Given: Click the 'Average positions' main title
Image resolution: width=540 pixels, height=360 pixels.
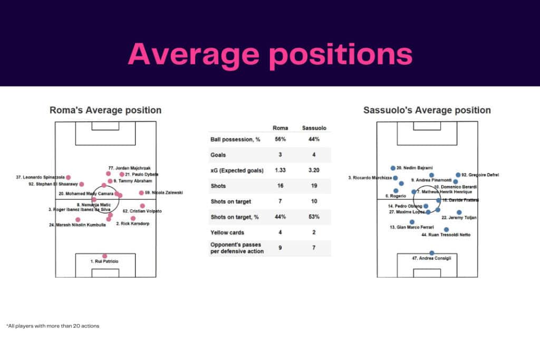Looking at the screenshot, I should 269,54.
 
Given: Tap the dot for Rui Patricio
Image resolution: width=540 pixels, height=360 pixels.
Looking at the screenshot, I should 105,256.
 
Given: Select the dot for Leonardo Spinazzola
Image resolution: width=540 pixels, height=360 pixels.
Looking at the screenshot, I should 68,178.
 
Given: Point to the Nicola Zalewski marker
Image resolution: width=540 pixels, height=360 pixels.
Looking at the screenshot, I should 141,193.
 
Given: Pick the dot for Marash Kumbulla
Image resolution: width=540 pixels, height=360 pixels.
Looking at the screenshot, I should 78,219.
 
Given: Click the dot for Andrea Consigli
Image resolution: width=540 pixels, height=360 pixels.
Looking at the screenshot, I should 432,253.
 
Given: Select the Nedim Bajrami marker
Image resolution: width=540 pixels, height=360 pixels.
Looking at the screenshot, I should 393,168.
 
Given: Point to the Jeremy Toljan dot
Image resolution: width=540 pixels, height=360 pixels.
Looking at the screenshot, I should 459,212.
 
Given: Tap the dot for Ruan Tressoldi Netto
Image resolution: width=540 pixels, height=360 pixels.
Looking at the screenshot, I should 447,229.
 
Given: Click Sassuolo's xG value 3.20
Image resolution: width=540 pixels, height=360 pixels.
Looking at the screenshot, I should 310,170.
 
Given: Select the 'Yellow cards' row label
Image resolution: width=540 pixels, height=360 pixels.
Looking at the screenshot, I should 226,232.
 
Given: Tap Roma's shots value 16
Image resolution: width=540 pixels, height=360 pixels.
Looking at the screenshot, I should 279,186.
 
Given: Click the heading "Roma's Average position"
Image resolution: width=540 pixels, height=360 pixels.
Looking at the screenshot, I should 105,110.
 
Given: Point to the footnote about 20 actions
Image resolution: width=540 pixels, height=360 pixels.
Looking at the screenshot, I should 53,326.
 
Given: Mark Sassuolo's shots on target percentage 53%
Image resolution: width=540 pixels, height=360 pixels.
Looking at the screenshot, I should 310,217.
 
